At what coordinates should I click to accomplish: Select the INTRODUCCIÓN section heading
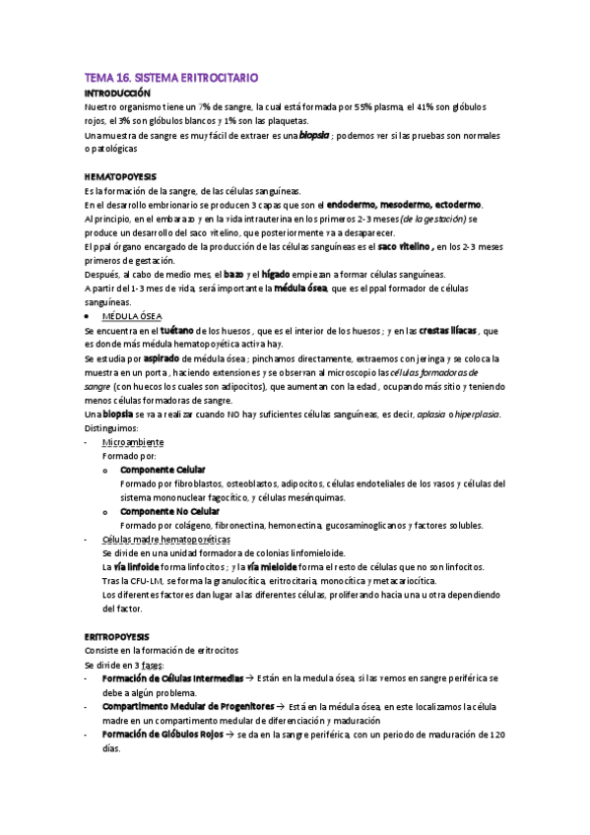pos(117,92)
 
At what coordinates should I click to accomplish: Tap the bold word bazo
pos(233,274)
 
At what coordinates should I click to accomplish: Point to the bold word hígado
pos(276,274)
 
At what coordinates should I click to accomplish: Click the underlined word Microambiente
pos(126,442)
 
